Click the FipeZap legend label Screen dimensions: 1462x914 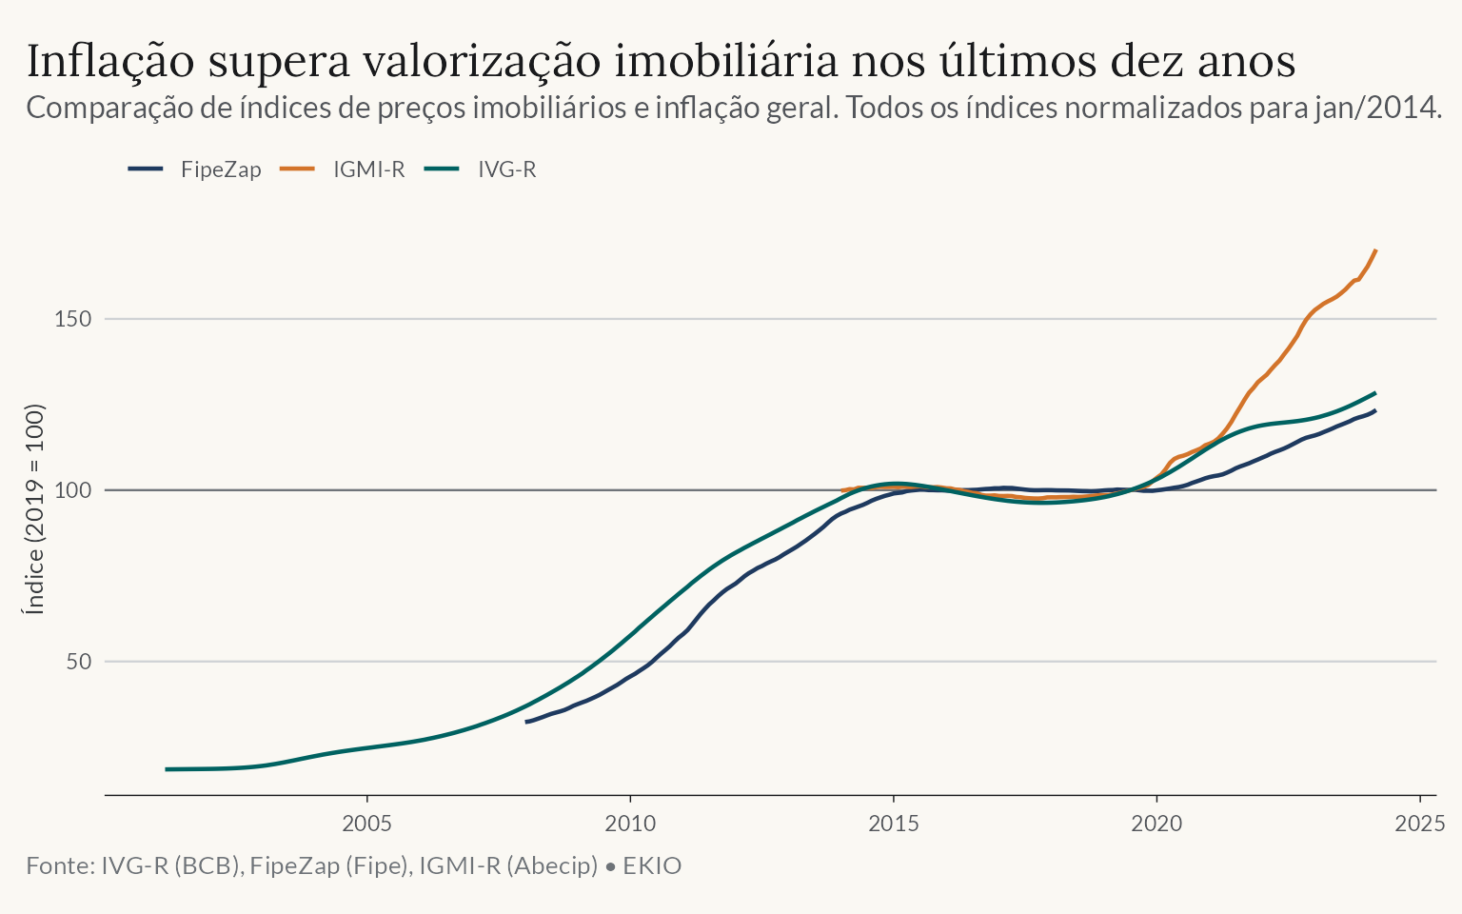click(221, 169)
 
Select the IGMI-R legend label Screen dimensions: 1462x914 click(368, 169)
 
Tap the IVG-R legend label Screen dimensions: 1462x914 click(507, 169)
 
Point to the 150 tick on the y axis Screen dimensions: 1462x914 click(73, 319)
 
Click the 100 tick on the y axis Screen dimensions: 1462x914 click(73, 490)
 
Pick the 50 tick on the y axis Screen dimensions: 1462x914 click(79, 662)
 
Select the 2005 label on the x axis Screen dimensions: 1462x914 click(366, 824)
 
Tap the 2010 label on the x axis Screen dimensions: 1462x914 click(630, 824)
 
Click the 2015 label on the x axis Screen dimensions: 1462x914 click(894, 824)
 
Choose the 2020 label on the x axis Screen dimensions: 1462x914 click(1156, 824)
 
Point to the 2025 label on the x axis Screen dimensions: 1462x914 click(1420, 824)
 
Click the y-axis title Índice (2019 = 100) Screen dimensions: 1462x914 click(34, 509)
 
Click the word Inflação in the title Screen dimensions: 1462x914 click(110, 61)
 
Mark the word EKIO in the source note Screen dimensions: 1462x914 click(652, 865)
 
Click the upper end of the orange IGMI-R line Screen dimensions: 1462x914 click(1375, 250)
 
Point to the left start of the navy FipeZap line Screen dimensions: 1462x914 click(526, 722)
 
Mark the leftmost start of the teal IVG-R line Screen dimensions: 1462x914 click(167, 769)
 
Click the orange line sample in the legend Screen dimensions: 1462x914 click(298, 169)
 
